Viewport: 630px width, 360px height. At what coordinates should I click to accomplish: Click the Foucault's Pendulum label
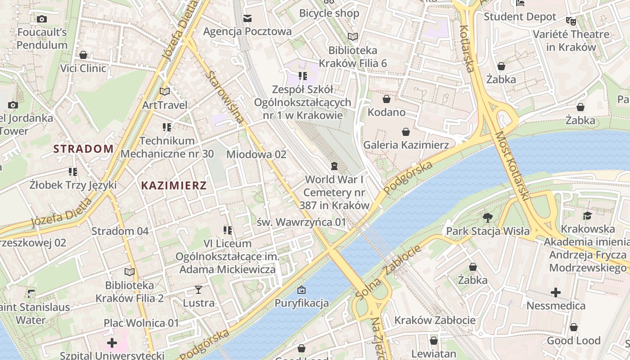tap(42, 39)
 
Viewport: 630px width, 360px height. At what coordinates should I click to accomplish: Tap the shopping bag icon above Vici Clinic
tap(83, 55)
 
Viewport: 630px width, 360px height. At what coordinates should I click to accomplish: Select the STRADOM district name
tap(83, 149)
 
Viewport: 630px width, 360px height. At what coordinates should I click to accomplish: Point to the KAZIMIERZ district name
tap(174, 185)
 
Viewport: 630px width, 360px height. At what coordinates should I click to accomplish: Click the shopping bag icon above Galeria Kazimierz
tap(406, 132)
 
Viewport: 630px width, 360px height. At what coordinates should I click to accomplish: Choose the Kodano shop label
tap(387, 112)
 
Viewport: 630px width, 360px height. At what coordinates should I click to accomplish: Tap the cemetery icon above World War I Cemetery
tap(334, 166)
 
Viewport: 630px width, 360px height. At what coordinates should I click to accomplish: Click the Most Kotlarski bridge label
tap(512, 165)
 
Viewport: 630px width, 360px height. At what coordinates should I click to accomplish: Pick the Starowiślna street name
tap(225, 96)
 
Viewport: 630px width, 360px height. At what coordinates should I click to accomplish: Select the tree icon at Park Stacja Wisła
tap(487, 218)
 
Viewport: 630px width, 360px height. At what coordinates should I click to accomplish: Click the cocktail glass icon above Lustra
tap(198, 289)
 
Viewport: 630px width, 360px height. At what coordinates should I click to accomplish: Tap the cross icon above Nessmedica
tap(556, 292)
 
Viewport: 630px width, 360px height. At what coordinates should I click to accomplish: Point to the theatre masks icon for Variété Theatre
tap(571, 21)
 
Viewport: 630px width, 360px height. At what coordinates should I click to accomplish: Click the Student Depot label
tap(520, 17)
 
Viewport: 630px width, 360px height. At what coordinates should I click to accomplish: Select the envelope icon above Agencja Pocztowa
tap(247, 18)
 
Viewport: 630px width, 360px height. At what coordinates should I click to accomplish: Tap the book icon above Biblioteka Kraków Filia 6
tap(353, 37)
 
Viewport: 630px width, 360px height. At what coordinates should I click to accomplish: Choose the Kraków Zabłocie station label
tap(435, 320)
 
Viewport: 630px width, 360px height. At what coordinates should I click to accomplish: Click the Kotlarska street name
tap(467, 49)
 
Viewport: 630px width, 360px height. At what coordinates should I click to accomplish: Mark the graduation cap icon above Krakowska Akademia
tap(587, 216)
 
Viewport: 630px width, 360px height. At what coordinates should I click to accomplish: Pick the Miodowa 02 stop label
tap(256, 154)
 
